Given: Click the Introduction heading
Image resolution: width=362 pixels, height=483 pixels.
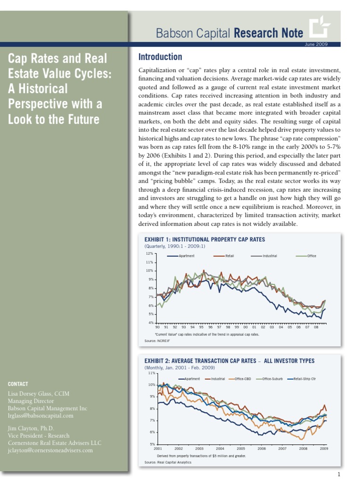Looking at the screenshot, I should point(160,57).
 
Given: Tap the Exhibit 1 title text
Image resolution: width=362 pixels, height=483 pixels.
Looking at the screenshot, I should point(205,239).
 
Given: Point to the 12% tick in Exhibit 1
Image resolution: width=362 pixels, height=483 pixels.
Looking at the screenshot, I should point(149,253).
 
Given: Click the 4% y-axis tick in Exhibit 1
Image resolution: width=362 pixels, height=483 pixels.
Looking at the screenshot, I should point(150,323).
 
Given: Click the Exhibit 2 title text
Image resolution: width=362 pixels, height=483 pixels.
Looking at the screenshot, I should point(229,361).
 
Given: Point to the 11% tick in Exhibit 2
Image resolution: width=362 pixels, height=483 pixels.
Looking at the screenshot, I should point(152,373).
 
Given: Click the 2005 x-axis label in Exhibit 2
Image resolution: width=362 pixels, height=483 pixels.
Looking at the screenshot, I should point(241,449).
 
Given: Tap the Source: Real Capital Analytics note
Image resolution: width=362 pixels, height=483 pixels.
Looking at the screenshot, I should point(168,462).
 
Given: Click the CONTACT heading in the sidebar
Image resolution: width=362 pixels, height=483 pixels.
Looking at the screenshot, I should point(18,384).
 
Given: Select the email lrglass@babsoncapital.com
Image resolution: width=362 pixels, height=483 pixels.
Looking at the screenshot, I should point(41,416).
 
